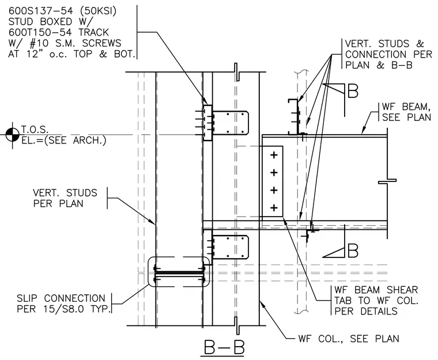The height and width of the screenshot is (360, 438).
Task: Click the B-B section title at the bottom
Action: click(x=224, y=347)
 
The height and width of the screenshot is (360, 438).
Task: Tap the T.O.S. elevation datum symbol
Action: click(x=12, y=135)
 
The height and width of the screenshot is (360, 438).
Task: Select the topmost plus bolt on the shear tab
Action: click(x=274, y=155)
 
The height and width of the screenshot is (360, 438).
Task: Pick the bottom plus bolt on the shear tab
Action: click(x=274, y=208)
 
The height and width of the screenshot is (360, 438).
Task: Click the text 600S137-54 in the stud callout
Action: click(x=40, y=11)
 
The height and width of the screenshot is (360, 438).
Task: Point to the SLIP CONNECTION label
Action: click(x=61, y=298)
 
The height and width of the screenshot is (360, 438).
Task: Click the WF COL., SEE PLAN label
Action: click(x=349, y=339)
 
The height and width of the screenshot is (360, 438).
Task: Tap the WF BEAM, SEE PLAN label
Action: click(x=406, y=112)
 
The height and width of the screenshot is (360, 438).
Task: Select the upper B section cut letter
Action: click(x=353, y=91)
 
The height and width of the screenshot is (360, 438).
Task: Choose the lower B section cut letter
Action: click(x=353, y=251)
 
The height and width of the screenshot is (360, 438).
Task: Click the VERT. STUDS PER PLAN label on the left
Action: click(x=65, y=198)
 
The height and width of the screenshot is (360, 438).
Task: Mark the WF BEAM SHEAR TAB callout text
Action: click(x=376, y=301)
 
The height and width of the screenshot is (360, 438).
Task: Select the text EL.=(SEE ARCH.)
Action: click(x=64, y=140)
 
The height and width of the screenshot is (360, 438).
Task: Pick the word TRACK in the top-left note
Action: click(x=93, y=32)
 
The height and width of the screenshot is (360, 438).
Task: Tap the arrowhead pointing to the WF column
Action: click(x=262, y=304)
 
